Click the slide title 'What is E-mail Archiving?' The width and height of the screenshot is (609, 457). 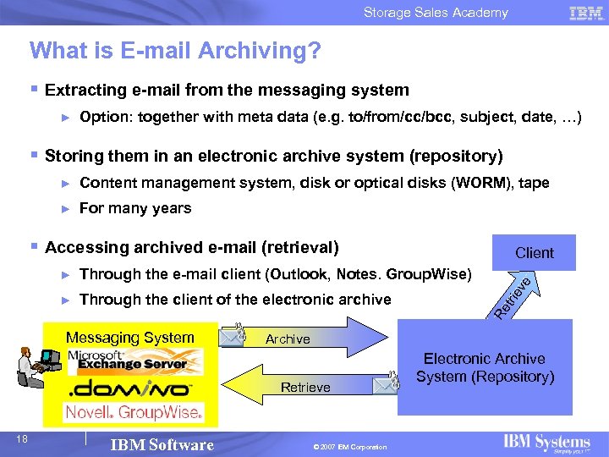(175, 52)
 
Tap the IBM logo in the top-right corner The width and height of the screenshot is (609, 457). (585, 13)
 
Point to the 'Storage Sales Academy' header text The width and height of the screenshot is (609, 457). (436, 13)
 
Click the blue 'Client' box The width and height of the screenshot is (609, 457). (535, 252)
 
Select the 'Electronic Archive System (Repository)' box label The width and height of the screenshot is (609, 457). (484, 368)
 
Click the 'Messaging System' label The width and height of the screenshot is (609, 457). (130, 338)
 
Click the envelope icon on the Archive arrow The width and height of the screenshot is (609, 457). (234, 336)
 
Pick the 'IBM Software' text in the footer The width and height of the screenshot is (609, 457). (162, 445)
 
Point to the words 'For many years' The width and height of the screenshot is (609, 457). (135, 208)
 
